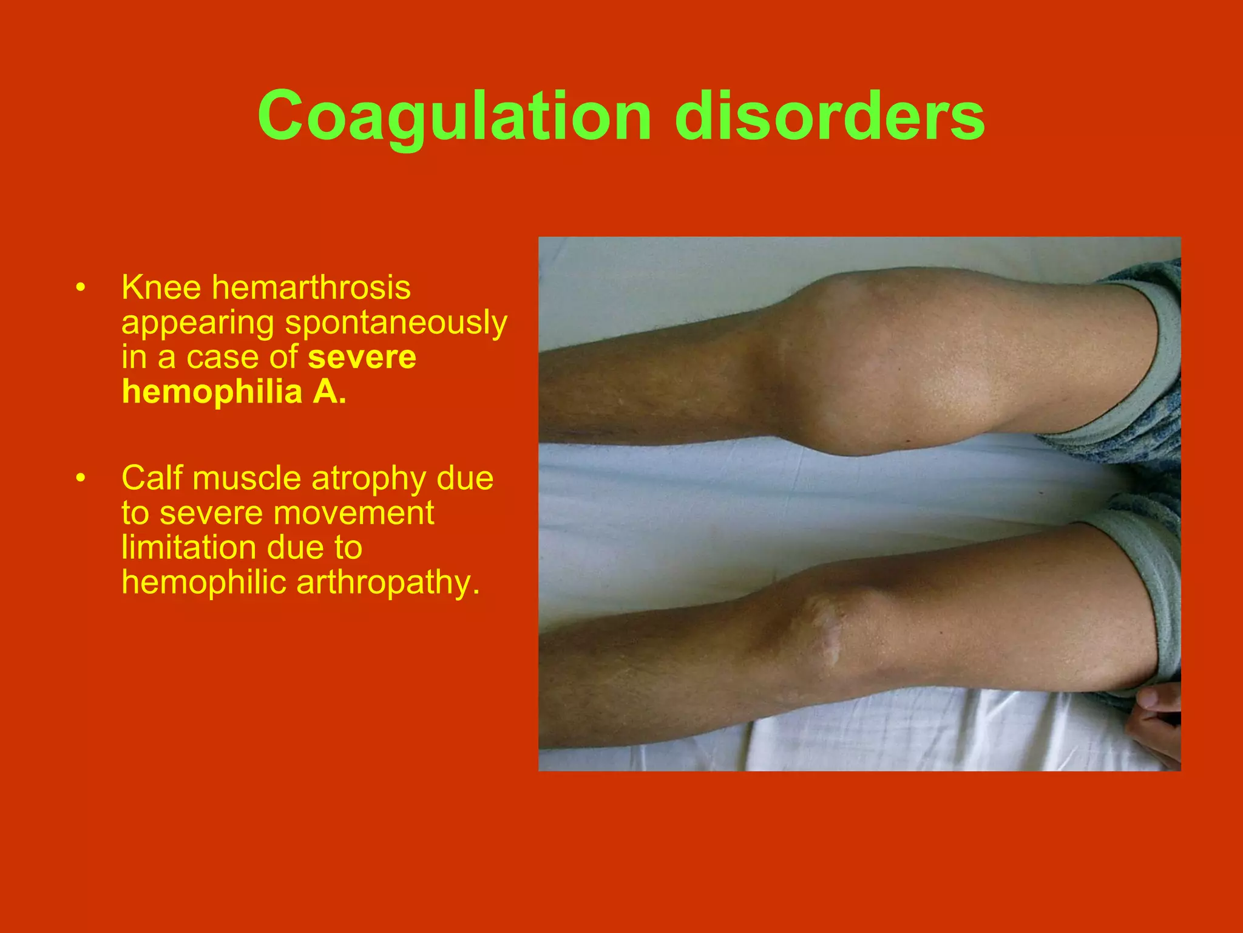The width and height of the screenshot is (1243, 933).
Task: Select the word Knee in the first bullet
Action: coord(161,287)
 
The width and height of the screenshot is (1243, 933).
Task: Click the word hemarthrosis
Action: coord(311,287)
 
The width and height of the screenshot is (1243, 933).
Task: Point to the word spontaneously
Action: coord(396,323)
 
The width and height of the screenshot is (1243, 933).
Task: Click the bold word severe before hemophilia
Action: coord(362,357)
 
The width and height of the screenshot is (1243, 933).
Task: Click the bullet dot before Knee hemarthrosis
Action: coord(81,288)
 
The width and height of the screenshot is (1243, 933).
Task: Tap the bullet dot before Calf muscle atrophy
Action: coord(81,479)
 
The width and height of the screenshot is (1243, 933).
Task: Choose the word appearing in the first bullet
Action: coord(198,323)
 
